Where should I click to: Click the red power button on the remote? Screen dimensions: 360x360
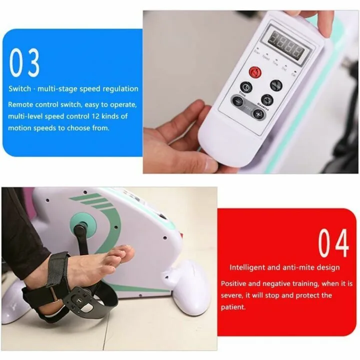256,73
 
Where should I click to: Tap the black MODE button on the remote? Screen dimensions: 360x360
276,85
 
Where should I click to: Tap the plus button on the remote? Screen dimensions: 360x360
258,114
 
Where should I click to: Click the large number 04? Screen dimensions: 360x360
333,243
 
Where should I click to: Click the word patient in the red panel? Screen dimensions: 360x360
232,307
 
